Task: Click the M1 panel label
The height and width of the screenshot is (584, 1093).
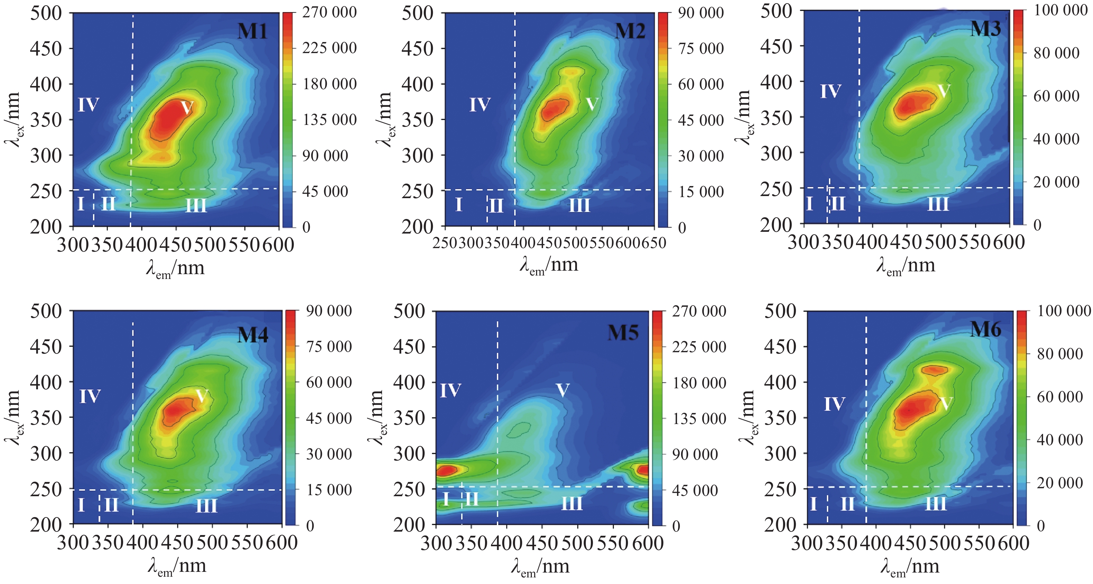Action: (253, 31)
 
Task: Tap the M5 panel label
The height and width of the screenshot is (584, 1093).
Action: (623, 332)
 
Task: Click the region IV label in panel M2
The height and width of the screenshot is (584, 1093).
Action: (480, 104)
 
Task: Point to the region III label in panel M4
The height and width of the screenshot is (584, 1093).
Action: (207, 505)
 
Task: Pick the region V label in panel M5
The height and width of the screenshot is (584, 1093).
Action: (562, 390)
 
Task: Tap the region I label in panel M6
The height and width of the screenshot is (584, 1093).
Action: (813, 504)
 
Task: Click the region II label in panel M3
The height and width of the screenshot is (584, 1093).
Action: (838, 203)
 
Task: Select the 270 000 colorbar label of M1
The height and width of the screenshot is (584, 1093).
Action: (329, 12)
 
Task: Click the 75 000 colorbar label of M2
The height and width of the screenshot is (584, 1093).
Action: (701, 48)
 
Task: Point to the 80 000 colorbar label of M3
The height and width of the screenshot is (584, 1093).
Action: (1056, 53)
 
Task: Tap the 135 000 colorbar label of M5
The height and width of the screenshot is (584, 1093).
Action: (699, 418)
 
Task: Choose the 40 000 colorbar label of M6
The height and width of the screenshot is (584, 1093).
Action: (1059, 439)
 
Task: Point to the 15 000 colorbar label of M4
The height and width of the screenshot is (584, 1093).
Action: (329, 490)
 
